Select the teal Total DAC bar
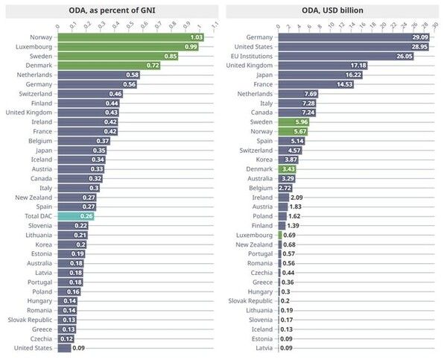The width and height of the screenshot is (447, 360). click(x=76, y=216)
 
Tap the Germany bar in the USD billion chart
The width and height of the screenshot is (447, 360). click(x=354, y=37)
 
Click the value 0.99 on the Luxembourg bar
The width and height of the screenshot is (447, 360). click(x=190, y=46)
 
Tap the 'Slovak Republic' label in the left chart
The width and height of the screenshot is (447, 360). click(x=31, y=320)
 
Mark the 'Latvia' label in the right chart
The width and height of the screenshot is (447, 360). click(x=264, y=347)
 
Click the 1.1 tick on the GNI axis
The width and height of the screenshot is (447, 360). click(x=215, y=24)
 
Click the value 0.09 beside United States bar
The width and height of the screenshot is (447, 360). click(x=78, y=347)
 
